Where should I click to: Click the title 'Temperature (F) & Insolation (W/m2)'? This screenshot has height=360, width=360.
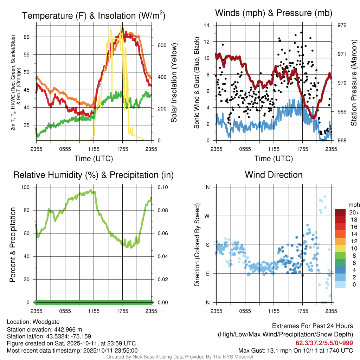(x=94, y=15)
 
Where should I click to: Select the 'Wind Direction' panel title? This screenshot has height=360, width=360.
(x=274, y=175)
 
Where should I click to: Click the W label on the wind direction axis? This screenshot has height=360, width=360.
(x=207, y=216)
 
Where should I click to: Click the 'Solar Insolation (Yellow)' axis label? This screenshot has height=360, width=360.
(x=174, y=83)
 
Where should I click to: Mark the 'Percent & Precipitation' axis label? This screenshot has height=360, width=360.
(x=12, y=245)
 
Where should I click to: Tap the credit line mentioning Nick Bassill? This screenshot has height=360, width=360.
(x=180, y=357)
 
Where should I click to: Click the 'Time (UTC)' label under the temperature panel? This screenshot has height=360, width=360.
(x=94, y=159)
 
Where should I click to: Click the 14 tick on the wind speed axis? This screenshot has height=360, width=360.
(x=207, y=25)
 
